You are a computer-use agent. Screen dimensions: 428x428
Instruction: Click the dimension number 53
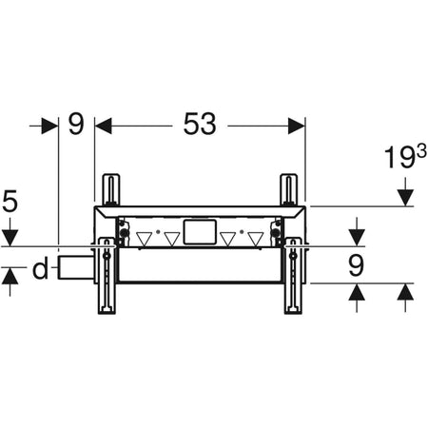(x=200, y=125)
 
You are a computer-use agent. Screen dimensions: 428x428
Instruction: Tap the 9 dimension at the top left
(x=76, y=125)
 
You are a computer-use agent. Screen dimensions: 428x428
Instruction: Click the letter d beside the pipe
(x=39, y=270)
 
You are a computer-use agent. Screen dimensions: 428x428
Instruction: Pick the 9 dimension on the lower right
(x=356, y=266)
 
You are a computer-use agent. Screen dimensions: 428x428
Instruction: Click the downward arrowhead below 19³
(x=405, y=197)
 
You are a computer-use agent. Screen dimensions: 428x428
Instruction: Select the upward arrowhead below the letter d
(x=10, y=277)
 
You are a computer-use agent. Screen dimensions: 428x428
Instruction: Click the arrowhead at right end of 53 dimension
(x=297, y=125)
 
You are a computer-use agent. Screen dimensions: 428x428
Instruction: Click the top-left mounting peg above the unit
(x=112, y=188)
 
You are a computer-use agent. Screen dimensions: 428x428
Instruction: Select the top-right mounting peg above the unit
(x=286, y=188)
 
